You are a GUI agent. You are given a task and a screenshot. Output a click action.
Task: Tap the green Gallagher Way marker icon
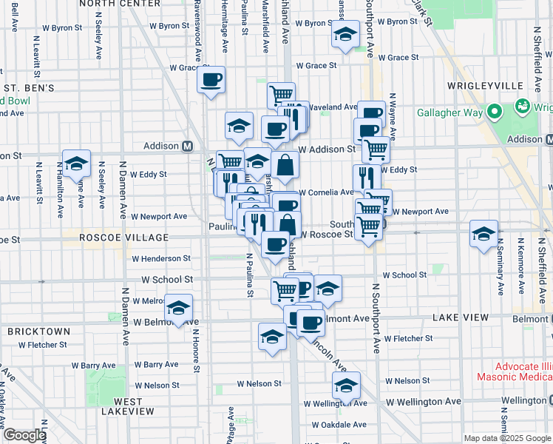pyautogui.click(x=523, y=107)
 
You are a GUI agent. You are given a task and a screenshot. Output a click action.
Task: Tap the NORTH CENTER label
pyautogui.click(x=109, y=3)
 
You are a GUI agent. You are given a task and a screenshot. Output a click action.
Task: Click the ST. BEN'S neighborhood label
pyautogui.click(x=27, y=88)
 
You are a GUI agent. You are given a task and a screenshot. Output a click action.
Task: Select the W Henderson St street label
pyautogui.click(x=161, y=258)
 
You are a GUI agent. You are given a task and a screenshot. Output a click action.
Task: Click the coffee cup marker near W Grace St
pyautogui.click(x=211, y=80)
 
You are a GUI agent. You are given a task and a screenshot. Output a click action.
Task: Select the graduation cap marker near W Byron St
pyautogui.click(x=345, y=36)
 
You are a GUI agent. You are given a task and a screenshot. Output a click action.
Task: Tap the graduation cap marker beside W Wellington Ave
pyautogui.click(x=345, y=386)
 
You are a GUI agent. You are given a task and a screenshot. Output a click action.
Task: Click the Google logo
pyautogui.click(x=24, y=435)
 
